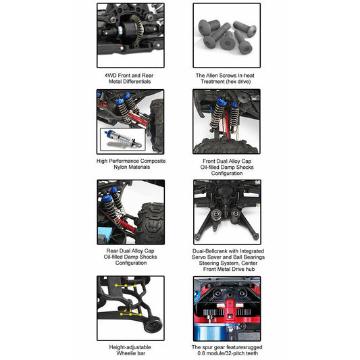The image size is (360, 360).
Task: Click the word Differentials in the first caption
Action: coord(137,82)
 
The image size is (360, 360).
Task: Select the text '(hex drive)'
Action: coord(238,82)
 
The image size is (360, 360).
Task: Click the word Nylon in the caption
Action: coord(120,167)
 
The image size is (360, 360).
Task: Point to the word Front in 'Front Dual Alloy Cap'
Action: coord(209,161)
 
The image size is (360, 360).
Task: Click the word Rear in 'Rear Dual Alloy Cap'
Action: coord(112,251)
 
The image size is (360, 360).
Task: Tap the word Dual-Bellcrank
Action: coord(209,251)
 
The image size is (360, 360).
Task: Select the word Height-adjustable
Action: coord(130,347)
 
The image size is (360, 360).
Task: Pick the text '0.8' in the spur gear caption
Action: coord(201,353)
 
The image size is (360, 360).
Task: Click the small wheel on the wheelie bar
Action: coord(153,324)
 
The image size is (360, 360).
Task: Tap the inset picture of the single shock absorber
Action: coord(123,139)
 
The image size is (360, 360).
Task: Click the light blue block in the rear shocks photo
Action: coord(105,234)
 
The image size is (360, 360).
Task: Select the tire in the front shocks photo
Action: coord(226,145)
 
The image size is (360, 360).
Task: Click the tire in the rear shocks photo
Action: coord(151,223)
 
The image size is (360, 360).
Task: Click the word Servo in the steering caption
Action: coord(199,257)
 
